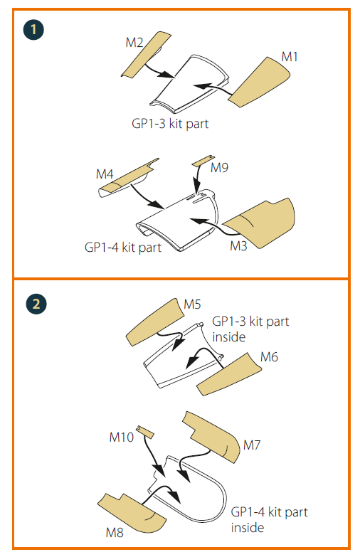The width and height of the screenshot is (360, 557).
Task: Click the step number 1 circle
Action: (x=33, y=29)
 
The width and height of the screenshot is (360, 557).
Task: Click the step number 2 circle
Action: (x=36, y=304)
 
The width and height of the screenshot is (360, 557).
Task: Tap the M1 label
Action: (x=290, y=56)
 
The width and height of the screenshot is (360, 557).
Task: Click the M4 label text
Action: (x=105, y=174)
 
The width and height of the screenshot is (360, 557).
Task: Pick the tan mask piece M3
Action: (x=260, y=223)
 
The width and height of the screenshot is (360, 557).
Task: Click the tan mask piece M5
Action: (x=155, y=322)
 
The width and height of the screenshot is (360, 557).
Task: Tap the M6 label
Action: (x=269, y=356)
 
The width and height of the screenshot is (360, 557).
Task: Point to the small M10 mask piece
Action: (x=145, y=432)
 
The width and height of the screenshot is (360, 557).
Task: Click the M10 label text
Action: (x=121, y=437)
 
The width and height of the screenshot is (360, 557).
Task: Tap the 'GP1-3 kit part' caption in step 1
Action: (x=170, y=124)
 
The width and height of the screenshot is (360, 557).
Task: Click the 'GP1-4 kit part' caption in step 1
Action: (x=122, y=248)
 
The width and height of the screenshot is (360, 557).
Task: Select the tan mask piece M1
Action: (x=260, y=82)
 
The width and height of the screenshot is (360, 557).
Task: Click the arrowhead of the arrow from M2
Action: (x=167, y=75)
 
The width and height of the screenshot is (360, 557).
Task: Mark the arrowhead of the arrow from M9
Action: (x=196, y=189)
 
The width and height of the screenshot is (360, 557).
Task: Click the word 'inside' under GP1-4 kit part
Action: (x=248, y=527)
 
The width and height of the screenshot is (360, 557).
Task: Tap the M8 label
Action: (x=115, y=532)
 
